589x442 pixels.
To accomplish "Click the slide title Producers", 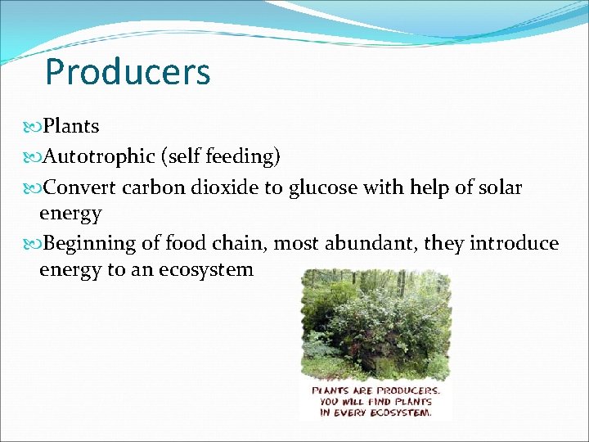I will [x=128, y=72].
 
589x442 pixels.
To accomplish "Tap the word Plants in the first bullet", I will [x=71, y=126].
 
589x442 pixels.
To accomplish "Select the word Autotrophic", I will [x=99, y=156].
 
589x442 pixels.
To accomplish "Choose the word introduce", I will [x=515, y=243].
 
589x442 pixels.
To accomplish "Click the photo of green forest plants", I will [x=375, y=323].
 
